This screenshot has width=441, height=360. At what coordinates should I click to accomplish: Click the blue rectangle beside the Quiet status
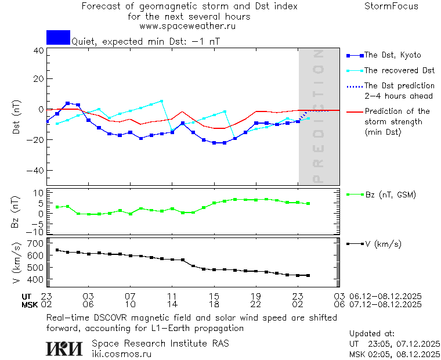58,37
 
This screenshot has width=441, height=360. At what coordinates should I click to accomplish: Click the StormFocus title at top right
391,6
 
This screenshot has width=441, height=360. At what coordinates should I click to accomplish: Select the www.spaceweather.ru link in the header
187,26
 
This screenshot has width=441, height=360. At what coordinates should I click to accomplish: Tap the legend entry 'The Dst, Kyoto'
392,55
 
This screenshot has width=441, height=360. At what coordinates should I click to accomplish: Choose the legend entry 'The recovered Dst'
399,70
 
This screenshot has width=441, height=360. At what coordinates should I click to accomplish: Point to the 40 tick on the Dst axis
39,51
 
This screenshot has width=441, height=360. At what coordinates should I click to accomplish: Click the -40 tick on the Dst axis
37,171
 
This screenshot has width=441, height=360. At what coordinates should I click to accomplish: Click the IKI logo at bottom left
65,348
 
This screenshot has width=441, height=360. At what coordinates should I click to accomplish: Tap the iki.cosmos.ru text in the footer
121,354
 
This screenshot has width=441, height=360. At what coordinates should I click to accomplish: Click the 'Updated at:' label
371,334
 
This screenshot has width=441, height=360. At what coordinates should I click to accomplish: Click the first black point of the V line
57,250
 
